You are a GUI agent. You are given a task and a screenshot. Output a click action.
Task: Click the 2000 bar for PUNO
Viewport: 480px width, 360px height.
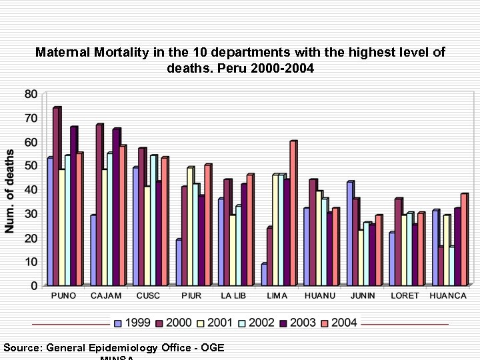[57, 197]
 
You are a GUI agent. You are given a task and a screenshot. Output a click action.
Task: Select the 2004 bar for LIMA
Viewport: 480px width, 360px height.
[293, 213]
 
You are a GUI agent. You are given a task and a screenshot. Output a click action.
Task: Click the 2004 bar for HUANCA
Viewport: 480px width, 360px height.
[463, 240]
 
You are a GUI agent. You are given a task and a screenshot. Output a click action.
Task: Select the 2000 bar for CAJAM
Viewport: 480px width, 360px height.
[99, 205]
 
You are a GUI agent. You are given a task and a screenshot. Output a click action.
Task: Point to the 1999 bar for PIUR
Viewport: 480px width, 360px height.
[179, 262]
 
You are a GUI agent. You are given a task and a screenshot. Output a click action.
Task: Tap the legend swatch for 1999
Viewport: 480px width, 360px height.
[118, 323]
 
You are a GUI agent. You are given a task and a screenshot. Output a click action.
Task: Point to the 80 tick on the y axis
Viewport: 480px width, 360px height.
[31, 93]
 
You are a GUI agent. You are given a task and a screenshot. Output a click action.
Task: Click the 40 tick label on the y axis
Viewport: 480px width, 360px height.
[31, 189]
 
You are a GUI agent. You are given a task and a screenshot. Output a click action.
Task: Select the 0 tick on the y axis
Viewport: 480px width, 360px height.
[34, 285]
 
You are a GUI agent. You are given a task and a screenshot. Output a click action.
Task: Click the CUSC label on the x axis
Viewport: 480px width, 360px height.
[149, 296]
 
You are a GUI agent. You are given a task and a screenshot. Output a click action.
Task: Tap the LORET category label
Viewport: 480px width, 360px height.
[405, 296]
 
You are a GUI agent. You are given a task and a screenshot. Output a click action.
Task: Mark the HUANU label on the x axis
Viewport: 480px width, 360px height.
[320, 296]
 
